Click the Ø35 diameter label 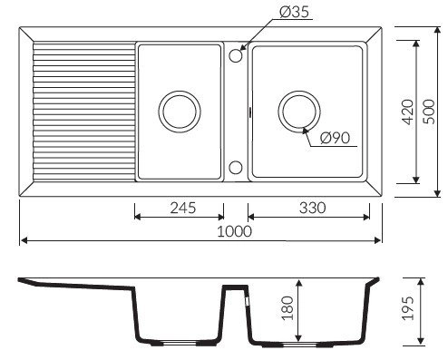294,12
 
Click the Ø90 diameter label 335,138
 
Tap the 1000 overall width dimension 234,231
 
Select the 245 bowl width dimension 183,208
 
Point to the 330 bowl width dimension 312,208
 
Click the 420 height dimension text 408,112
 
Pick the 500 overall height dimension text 428,112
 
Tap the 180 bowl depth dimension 287,308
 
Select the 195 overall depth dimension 408,308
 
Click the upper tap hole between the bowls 236,56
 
